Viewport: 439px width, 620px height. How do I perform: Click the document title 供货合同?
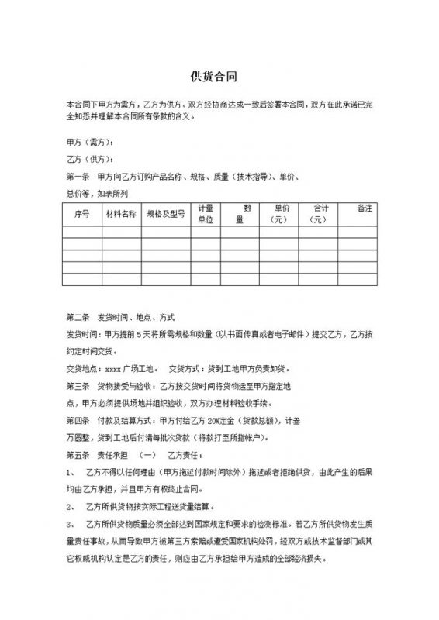219,77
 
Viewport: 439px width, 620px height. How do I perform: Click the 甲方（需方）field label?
91,143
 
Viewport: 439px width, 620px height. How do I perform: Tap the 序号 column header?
81,212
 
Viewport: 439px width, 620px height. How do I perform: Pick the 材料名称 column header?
120,212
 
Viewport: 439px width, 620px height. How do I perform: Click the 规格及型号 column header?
165,212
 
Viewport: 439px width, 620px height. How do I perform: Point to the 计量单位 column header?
206,214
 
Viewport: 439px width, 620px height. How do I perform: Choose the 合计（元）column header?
320,214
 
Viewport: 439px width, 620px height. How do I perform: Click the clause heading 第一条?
79,175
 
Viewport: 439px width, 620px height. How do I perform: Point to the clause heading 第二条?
79,318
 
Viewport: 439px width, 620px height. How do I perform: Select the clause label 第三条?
79,384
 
